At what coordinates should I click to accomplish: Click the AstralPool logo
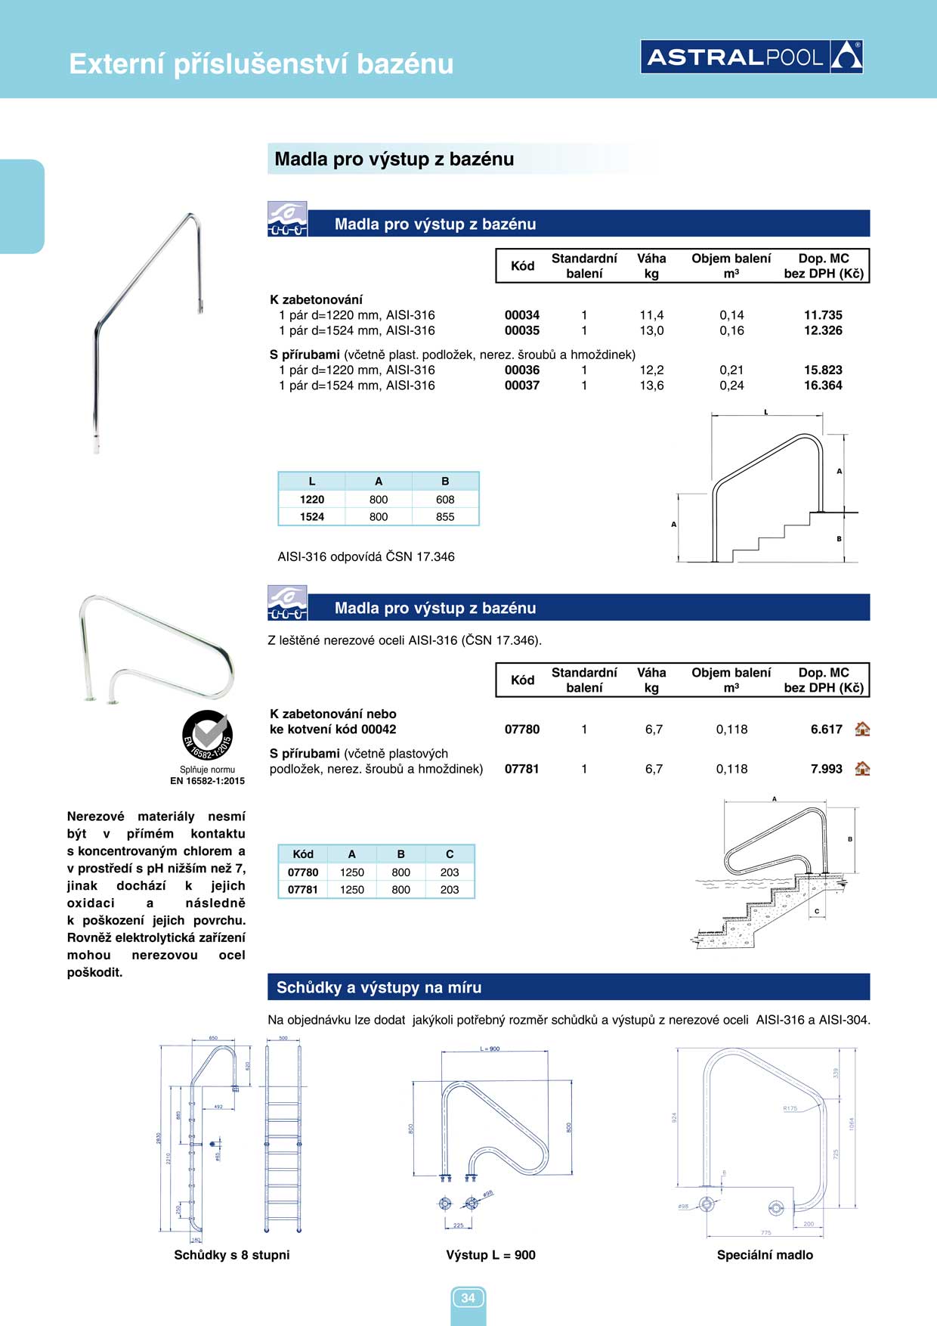[x=752, y=57]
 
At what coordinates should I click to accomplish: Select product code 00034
[x=522, y=315]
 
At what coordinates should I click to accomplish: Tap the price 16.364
[x=823, y=386]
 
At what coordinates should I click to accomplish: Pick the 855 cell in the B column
[x=445, y=517]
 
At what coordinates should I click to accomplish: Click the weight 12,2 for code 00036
[x=651, y=370]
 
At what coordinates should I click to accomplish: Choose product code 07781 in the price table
[x=522, y=769]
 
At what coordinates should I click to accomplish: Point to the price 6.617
[x=826, y=730]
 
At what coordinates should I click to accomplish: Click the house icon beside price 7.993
[x=862, y=769]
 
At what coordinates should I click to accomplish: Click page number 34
[x=468, y=1298]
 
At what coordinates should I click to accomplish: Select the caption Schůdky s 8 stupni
[x=232, y=1255]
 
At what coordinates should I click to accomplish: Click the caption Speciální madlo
[x=765, y=1255]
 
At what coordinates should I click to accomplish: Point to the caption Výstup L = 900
[x=490, y=1255]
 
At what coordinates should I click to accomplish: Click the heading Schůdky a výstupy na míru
[x=379, y=987]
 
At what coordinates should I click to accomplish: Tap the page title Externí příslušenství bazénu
[x=261, y=64]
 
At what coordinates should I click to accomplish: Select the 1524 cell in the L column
[x=311, y=517]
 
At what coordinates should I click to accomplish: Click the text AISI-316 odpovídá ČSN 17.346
[x=366, y=557]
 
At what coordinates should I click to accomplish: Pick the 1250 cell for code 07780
[x=351, y=872]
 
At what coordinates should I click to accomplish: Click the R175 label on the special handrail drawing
[x=790, y=1108]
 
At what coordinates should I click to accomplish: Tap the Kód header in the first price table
[x=522, y=266]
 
